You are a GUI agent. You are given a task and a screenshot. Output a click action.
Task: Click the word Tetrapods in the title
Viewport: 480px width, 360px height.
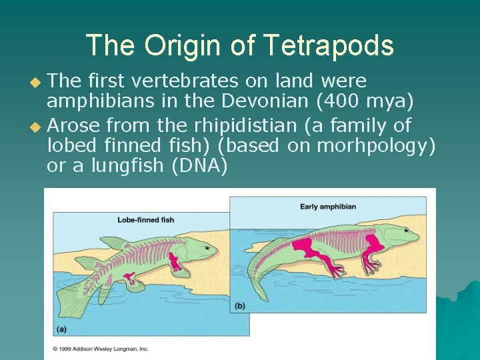pyautogui.click(x=328, y=45)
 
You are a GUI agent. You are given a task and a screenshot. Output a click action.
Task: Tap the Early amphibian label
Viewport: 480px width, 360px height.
pyautogui.click(x=328, y=207)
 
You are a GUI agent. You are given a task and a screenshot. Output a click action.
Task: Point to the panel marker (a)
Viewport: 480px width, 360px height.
pyautogui.click(x=61, y=329)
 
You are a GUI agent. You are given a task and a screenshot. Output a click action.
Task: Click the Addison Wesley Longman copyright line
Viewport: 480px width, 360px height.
pyautogui.click(x=101, y=348)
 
